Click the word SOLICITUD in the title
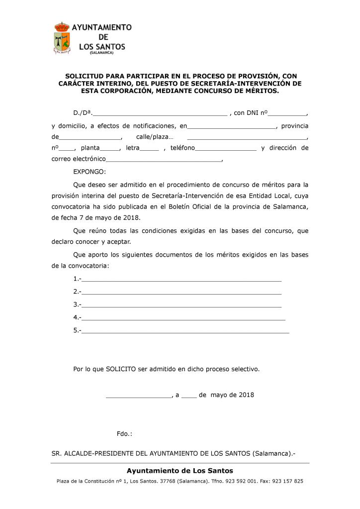(86, 77)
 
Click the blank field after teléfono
(226, 148)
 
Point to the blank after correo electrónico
(164, 160)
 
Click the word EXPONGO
(90, 172)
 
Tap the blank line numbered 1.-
(181, 279)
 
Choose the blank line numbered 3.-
(181, 305)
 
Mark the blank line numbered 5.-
(184, 331)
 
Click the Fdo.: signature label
(124, 434)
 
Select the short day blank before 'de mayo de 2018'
(189, 396)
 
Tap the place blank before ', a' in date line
(138, 396)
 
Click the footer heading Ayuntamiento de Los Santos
(180, 471)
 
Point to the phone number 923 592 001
(240, 482)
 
